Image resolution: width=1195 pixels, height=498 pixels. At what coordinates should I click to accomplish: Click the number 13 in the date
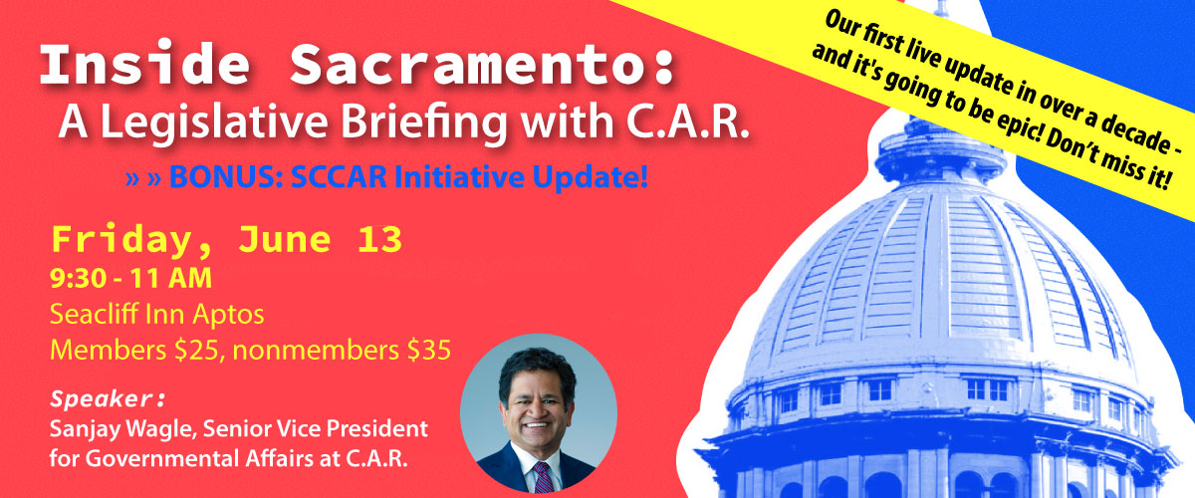(379, 239)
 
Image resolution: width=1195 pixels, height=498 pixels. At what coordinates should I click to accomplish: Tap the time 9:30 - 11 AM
(130, 279)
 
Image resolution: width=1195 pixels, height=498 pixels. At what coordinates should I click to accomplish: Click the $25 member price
(196, 351)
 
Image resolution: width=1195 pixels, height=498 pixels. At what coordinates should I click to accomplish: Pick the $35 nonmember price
(429, 351)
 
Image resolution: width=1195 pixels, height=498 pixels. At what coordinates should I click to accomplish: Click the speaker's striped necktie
(544, 477)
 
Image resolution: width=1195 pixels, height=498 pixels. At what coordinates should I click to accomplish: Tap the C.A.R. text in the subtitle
(688, 123)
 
